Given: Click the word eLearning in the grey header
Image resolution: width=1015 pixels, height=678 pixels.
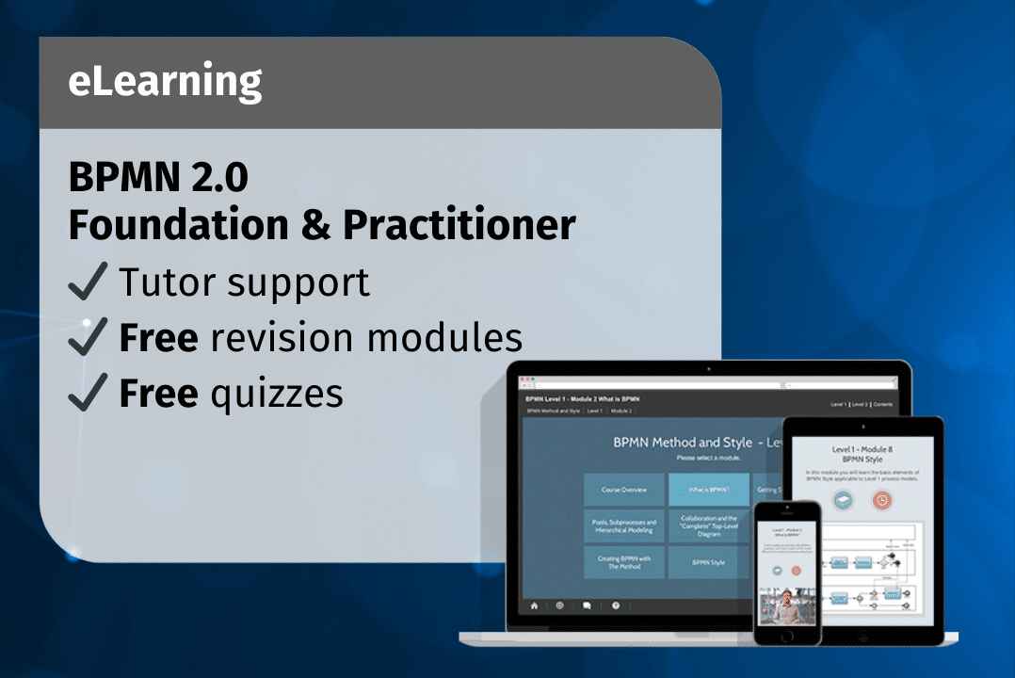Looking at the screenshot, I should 165,83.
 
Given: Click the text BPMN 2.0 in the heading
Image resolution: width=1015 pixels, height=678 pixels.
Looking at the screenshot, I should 158,177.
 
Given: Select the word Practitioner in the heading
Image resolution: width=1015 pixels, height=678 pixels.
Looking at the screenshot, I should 459,225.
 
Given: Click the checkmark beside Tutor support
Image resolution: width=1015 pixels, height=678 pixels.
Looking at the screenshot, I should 89,282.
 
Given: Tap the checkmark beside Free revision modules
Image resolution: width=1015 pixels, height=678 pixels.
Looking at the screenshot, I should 89,337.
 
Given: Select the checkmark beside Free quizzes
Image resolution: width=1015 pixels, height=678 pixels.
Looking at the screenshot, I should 89,393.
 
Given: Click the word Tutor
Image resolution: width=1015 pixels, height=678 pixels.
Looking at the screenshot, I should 164,282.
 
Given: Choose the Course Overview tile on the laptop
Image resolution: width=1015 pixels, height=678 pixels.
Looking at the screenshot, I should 623,490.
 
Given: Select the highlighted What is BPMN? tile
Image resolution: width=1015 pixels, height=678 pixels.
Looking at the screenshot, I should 708,490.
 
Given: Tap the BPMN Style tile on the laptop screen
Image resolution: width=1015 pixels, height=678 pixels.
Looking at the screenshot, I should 708,562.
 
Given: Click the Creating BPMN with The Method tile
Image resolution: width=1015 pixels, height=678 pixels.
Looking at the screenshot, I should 623,562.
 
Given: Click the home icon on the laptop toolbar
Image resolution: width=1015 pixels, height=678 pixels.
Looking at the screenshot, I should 533,606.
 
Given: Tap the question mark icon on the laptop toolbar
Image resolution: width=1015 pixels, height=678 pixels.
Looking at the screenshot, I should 615,606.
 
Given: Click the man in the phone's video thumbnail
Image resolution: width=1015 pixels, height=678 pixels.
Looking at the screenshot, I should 785,606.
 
